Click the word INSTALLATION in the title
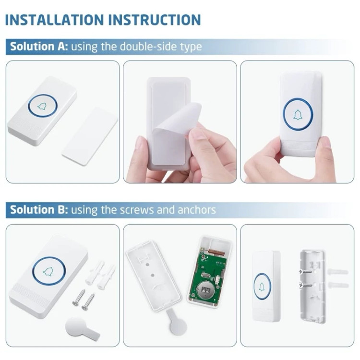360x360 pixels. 54,20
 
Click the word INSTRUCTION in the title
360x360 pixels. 155,20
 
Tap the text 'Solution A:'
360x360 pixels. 39,47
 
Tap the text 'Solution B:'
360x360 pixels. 39,210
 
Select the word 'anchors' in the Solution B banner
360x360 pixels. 197,210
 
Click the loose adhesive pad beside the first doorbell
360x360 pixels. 90,136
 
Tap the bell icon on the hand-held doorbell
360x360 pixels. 298,115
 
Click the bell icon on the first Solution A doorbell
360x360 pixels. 42,106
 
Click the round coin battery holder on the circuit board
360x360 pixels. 205,290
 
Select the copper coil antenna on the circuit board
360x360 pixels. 216,252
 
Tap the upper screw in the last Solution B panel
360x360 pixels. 305,272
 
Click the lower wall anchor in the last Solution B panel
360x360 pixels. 338,285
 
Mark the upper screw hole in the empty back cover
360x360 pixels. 148,264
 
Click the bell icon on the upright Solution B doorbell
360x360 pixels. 262,287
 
